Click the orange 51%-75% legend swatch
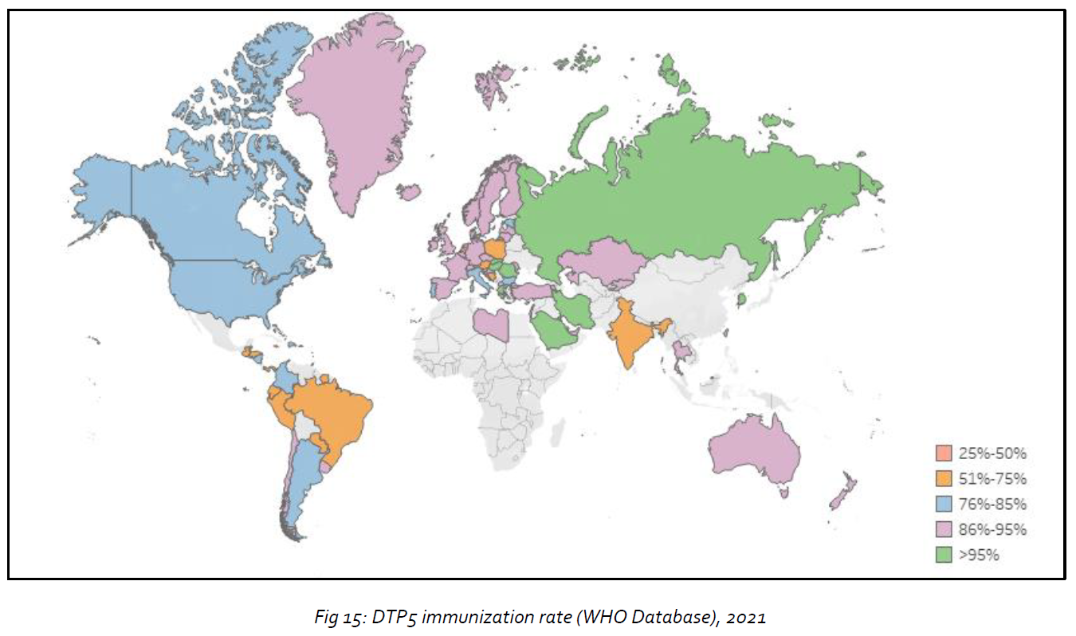[944, 479]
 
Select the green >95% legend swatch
[944, 555]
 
